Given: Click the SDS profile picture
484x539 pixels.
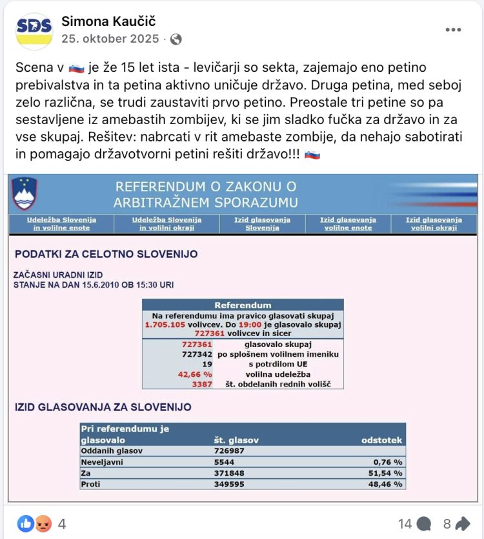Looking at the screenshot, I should point(34,31).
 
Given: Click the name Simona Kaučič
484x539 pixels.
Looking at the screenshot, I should point(108,21).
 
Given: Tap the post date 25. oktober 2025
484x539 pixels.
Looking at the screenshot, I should point(110,39).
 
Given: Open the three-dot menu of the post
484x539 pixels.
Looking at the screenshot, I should point(453,30).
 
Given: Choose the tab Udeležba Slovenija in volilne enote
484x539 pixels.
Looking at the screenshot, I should point(61,224).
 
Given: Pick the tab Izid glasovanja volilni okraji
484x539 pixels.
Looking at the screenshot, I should point(434,224).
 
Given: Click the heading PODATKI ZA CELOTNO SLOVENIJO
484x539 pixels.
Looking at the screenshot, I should point(106,254).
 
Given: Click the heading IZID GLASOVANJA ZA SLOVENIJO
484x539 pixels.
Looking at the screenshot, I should point(103,407).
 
